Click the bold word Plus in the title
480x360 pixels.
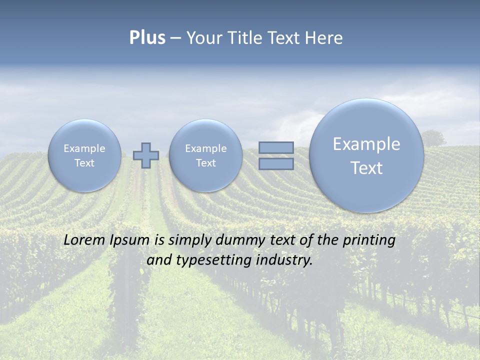147,38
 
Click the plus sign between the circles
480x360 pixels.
146,155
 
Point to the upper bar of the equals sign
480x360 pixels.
276,147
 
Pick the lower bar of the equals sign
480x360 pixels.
276,163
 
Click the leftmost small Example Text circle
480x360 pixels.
84,155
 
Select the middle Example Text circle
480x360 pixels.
205,155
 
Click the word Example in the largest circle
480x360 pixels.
366,144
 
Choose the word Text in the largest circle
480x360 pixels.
366,168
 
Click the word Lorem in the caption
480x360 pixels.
84,240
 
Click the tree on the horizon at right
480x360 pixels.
433,137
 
